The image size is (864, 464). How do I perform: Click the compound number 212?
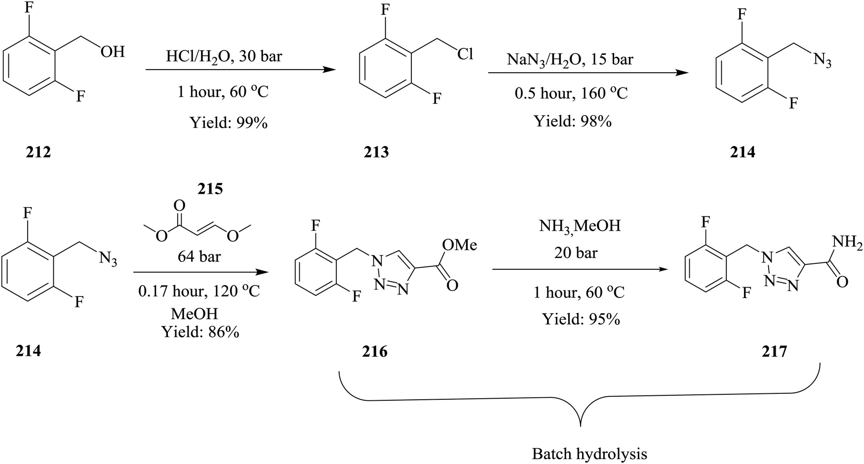(x=38, y=152)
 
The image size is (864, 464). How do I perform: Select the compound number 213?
(x=376, y=152)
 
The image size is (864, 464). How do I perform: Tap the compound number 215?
(x=210, y=189)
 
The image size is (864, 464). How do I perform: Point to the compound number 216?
(x=375, y=351)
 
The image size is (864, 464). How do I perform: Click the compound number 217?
(x=774, y=351)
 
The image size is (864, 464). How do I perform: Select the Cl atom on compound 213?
(x=465, y=54)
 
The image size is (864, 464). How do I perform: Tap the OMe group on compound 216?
(x=460, y=244)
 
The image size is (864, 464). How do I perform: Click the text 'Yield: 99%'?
(x=229, y=123)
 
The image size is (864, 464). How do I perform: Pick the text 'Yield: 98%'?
(x=573, y=121)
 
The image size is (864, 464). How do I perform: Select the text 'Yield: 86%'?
(x=200, y=332)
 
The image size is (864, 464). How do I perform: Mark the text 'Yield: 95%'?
(x=581, y=319)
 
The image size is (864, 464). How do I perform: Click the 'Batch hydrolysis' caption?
(x=589, y=454)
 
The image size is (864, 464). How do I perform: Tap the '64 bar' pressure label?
(x=199, y=256)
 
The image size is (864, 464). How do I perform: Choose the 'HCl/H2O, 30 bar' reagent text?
(x=224, y=57)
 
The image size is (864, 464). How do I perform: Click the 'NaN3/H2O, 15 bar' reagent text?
(x=570, y=60)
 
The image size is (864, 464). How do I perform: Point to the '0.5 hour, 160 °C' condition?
(x=571, y=93)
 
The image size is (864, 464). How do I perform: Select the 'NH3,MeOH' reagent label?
(x=580, y=226)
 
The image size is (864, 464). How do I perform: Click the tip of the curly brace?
(x=581, y=425)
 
